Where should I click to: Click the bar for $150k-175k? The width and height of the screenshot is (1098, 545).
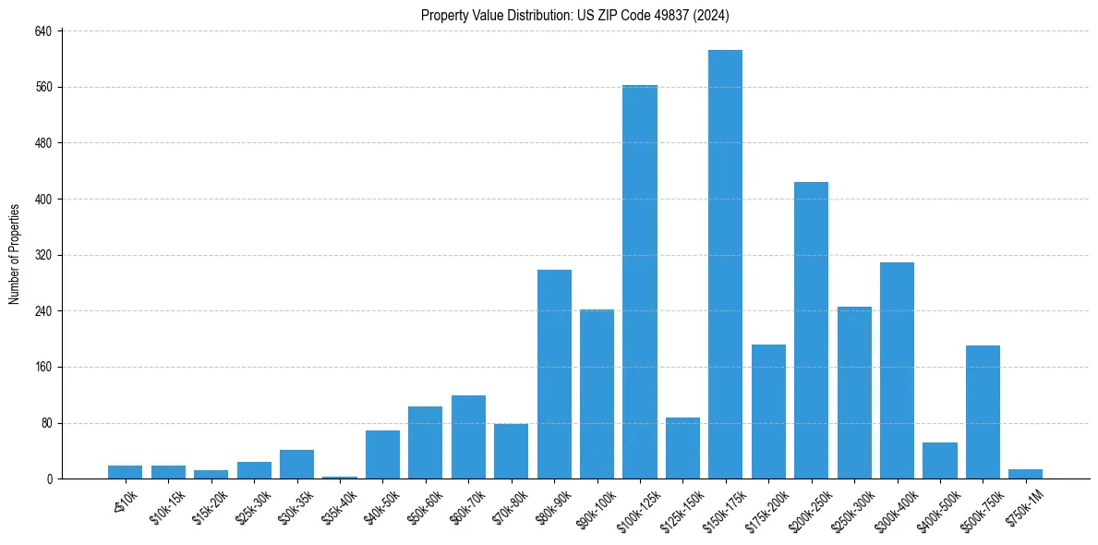pos(725,264)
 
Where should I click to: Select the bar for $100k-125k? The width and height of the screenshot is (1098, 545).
pos(639,282)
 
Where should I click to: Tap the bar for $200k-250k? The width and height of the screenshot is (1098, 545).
pos(811,330)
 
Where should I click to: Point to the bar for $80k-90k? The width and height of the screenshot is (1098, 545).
pos(554,374)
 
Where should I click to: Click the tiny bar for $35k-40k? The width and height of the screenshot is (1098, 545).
pos(340,478)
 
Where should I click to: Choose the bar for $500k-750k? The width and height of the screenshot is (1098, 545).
pos(983,412)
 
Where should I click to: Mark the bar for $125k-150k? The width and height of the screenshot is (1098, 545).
pos(682,448)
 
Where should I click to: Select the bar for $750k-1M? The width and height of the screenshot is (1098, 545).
pos(1025,474)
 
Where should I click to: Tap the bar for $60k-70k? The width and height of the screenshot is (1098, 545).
pos(468,437)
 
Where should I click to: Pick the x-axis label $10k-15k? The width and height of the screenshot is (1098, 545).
pos(164,505)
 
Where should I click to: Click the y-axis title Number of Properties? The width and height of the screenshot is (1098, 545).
pos(15,254)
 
